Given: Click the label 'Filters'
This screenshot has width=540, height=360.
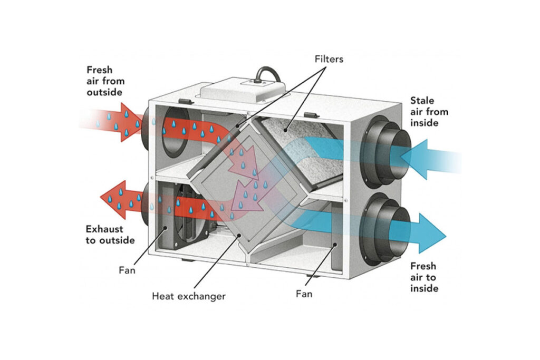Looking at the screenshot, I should tap(328, 59).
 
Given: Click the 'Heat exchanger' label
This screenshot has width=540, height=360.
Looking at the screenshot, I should tap(188, 296).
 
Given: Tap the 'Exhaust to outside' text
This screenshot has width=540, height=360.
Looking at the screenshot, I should tap(110, 235).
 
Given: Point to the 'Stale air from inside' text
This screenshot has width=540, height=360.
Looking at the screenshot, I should tap(429, 112).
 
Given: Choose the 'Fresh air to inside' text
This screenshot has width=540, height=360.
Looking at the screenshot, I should tap(424, 277).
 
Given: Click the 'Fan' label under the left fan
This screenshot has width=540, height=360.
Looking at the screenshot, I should tap(127, 270).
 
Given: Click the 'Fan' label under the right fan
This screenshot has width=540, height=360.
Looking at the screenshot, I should tap(304, 294).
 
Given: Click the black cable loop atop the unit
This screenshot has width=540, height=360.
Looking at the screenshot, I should tap(268, 73).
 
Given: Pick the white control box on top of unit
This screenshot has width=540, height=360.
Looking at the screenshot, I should tap(243, 91).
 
